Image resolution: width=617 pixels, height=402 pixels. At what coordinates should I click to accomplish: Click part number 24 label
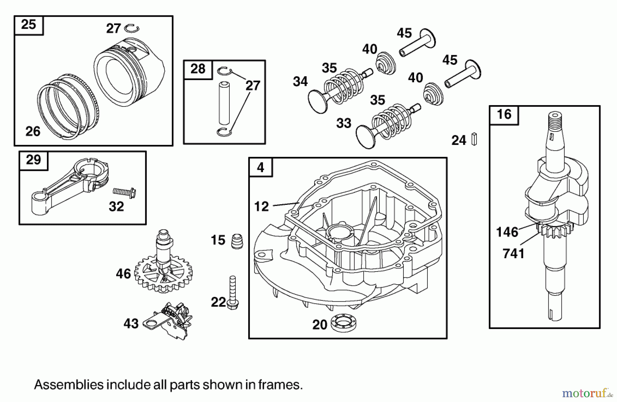click(459, 140)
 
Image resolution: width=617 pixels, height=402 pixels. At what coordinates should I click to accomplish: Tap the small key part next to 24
click(474, 139)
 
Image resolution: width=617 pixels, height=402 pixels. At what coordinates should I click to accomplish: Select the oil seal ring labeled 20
click(344, 323)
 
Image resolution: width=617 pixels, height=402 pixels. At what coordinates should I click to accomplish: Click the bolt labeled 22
click(233, 293)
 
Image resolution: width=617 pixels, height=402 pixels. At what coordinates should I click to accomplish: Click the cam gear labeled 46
click(164, 271)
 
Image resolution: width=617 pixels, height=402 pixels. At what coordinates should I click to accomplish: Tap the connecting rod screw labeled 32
click(124, 193)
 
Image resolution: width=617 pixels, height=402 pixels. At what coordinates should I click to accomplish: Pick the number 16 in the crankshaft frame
click(504, 115)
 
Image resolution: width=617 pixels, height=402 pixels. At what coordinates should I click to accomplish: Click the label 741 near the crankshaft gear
click(513, 254)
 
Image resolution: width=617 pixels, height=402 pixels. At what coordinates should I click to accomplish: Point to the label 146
click(507, 232)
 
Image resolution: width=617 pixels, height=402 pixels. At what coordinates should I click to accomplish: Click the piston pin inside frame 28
click(224, 103)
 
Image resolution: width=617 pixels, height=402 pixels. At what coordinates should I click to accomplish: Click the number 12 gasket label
click(261, 206)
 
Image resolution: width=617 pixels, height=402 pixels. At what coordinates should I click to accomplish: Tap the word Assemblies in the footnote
click(69, 385)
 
